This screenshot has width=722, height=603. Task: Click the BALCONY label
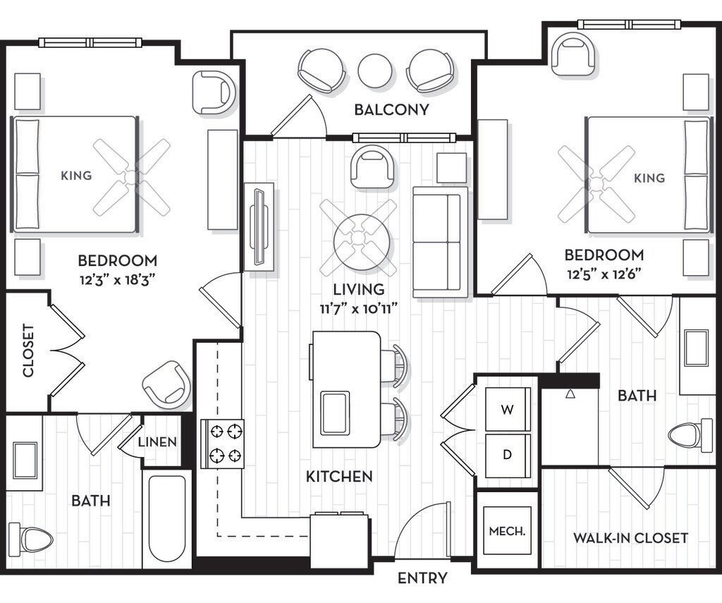[x=391, y=109]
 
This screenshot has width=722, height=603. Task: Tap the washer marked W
[x=508, y=409]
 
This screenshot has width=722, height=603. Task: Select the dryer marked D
[x=508, y=456]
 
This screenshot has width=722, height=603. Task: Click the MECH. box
[x=507, y=530]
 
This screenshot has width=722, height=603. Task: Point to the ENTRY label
[x=422, y=578]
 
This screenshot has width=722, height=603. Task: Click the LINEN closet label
[x=157, y=442]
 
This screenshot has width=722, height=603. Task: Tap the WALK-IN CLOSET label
[x=630, y=537]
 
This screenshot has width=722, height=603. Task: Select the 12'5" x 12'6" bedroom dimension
[x=604, y=274]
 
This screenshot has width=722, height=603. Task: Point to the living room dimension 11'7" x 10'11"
[x=359, y=309]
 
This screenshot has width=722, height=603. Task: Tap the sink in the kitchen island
[x=335, y=413]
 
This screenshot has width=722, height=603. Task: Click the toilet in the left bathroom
[x=30, y=537]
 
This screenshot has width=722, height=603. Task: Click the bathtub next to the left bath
[x=166, y=518]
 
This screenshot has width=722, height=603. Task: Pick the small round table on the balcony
[x=376, y=71]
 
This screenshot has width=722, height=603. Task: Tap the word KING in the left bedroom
[x=76, y=176]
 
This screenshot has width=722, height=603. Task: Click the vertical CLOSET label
[x=28, y=351]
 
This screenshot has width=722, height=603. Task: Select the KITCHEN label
[x=339, y=476]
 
